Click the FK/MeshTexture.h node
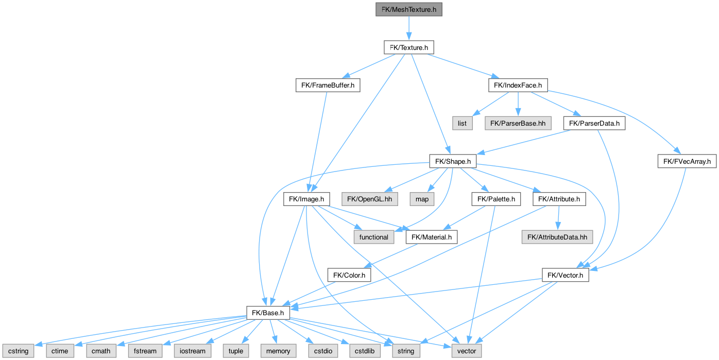pos(408,10)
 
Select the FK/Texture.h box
pos(408,47)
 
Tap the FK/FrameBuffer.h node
pos(327,85)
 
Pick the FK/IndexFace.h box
pos(518,85)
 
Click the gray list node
pos(462,123)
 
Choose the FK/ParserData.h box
pos(594,123)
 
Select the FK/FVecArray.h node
pos(687,161)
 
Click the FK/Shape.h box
pos(453,161)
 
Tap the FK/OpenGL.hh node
pos(369,199)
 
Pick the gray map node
pos(421,199)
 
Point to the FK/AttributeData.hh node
pos(558,237)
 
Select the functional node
pos(374,237)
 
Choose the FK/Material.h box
pos(432,237)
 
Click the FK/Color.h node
pos(349,275)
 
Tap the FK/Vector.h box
pos(565,275)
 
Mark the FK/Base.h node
pos(268,313)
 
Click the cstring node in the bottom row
pos(18,351)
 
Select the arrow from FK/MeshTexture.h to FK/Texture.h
pos(408,28)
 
